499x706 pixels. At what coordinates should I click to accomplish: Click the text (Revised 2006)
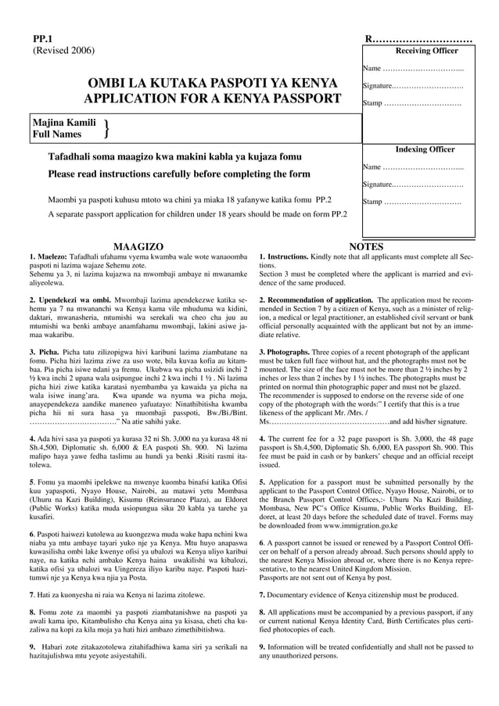point(63,51)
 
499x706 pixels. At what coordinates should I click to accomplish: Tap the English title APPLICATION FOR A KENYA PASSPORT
point(213,99)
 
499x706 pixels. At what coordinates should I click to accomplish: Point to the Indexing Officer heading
point(425,149)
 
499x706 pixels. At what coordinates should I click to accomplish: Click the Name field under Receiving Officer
point(413,69)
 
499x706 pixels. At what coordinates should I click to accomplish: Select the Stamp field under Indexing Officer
point(411,202)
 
